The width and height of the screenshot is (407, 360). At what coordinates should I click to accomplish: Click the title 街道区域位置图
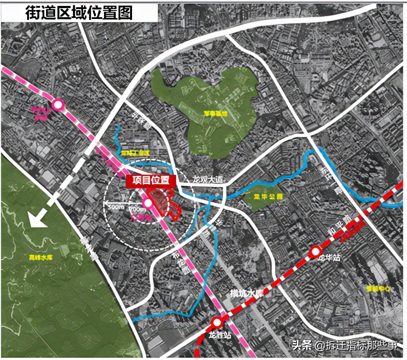tap(79, 13)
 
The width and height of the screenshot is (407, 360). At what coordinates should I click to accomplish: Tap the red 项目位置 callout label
tap(151, 180)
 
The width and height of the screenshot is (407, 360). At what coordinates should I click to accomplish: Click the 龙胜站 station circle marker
tap(218, 322)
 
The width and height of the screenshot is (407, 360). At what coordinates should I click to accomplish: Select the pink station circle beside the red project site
tap(148, 204)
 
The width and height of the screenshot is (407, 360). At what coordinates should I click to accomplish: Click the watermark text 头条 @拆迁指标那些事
tap(345, 346)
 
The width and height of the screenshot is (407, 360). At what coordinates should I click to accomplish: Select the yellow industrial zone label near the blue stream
tap(135, 153)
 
